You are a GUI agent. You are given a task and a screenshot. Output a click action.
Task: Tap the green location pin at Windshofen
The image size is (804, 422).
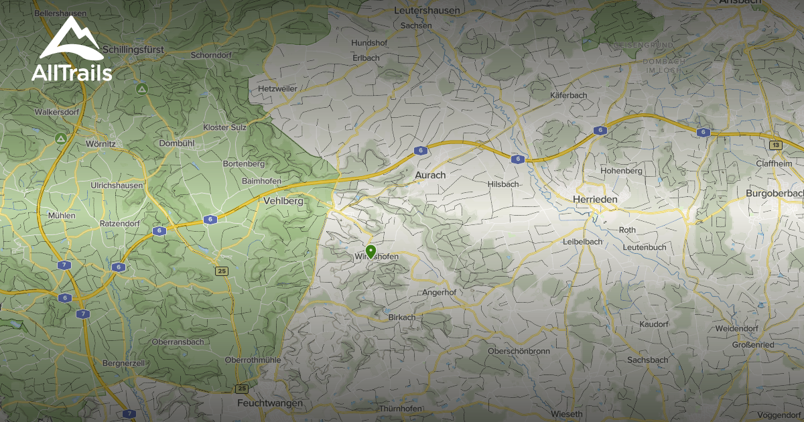[x=371, y=252]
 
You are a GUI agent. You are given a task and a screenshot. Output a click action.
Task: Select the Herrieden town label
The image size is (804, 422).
[x=595, y=200]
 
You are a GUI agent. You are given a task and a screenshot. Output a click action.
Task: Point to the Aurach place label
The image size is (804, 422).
[x=430, y=175]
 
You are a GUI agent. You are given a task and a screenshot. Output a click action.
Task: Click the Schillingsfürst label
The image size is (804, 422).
[x=141, y=50]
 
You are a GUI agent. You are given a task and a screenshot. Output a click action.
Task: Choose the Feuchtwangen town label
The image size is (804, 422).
[x=270, y=403]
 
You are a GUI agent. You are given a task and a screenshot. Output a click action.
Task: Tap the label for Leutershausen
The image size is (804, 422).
[x=427, y=10]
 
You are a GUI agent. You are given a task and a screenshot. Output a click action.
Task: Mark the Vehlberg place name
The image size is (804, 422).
[x=284, y=201]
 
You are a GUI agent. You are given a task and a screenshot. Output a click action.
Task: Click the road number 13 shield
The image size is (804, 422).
[x=775, y=145]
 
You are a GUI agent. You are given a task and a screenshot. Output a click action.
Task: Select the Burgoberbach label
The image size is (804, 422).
[x=775, y=194]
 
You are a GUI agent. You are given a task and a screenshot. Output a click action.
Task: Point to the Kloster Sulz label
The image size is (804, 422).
[x=225, y=127]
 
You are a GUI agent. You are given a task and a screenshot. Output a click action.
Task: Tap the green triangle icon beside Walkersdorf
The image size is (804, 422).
[x=60, y=139]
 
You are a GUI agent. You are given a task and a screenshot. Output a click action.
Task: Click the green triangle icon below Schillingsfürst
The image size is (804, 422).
[x=141, y=88]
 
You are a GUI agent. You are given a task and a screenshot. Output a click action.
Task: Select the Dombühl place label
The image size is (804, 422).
[x=177, y=143]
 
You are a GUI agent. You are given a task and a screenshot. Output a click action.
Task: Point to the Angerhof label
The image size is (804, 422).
[x=440, y=293]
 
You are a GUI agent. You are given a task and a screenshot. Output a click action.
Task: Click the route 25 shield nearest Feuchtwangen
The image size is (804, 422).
[x=242, y=389]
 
